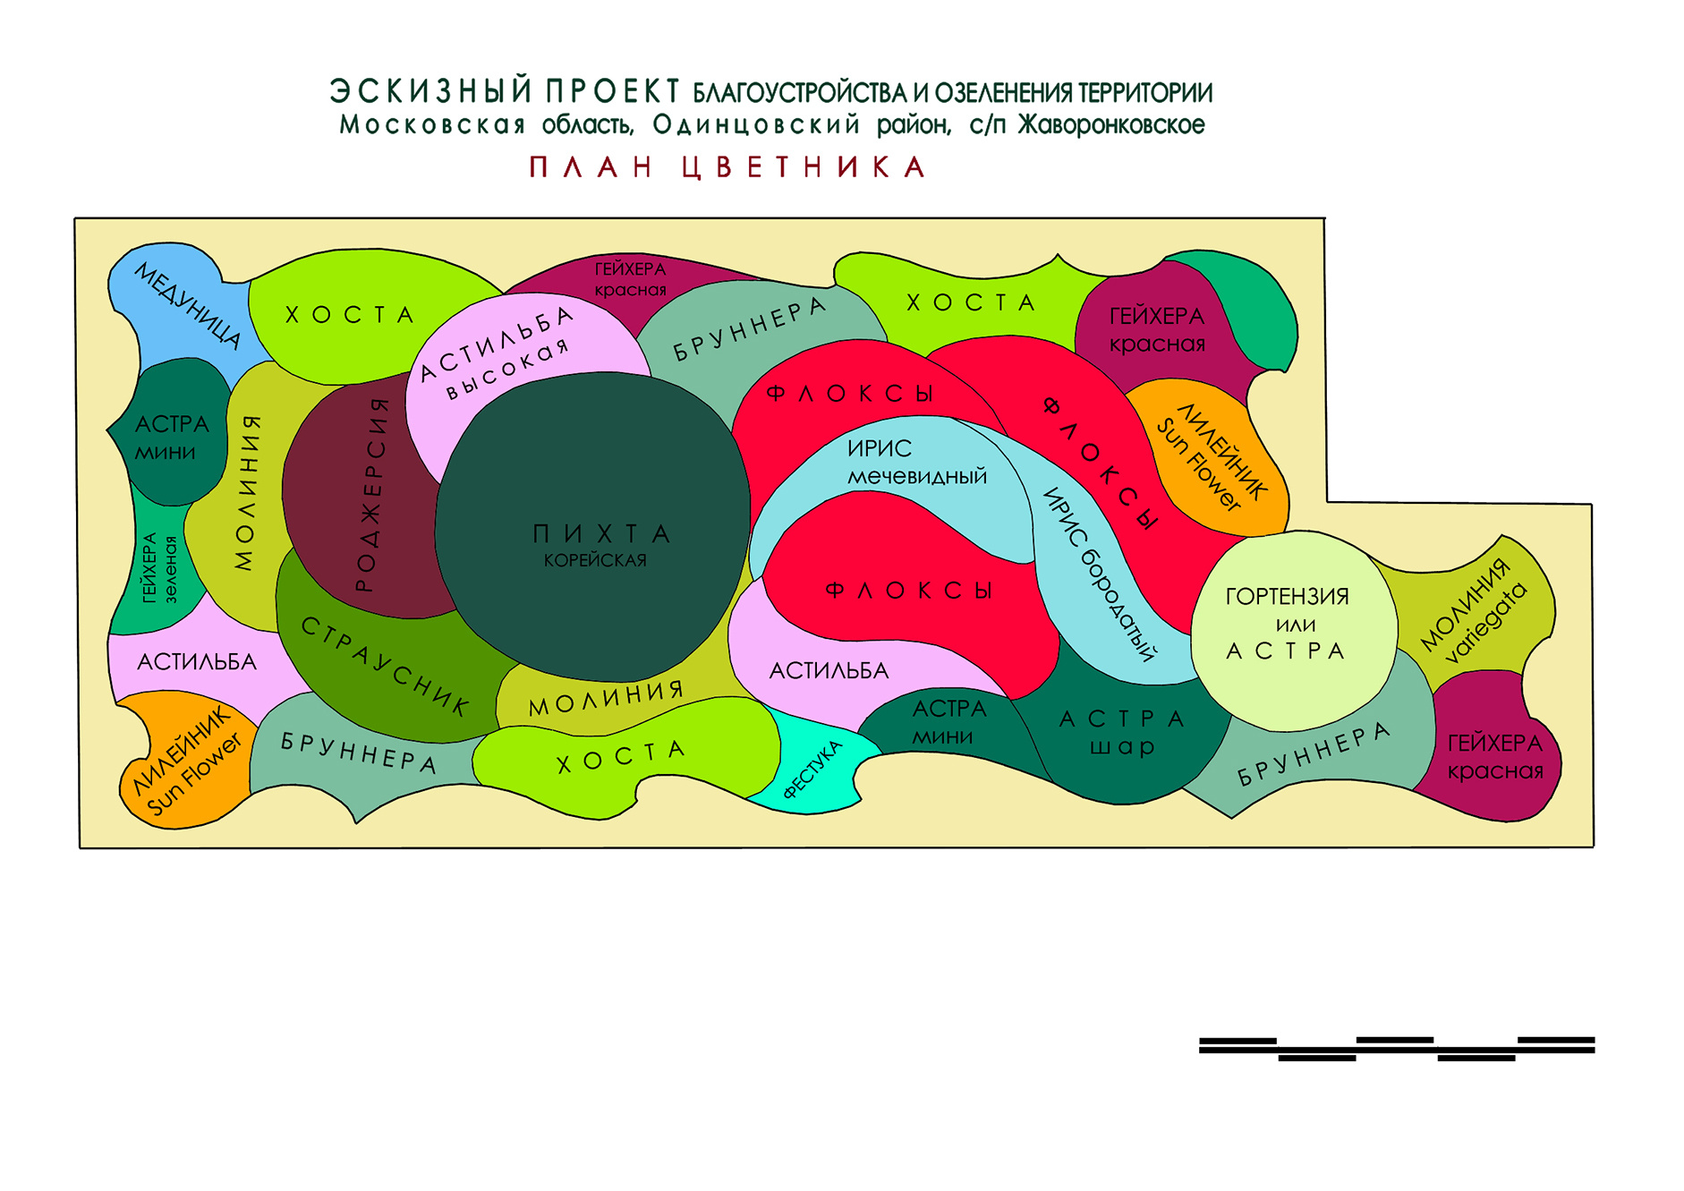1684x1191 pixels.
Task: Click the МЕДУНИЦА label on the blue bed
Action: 188,305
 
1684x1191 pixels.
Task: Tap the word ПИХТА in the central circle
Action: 601,534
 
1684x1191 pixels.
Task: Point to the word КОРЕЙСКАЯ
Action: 595,560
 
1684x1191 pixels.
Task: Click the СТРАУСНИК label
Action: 385,666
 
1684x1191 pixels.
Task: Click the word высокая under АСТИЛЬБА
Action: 507,368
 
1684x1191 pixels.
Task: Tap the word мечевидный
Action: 917,476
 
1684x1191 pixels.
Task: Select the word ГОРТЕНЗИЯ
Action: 1287,596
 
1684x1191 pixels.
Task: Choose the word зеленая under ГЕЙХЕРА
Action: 170,570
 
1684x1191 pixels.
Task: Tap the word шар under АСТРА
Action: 1122,745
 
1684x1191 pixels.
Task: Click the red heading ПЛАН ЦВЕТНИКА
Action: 727,167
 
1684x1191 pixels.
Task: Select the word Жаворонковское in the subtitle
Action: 1111,124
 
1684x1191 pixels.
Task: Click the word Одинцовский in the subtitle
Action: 756,124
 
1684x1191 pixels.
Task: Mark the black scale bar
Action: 1397,1049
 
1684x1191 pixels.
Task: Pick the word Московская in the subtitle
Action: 432,124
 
